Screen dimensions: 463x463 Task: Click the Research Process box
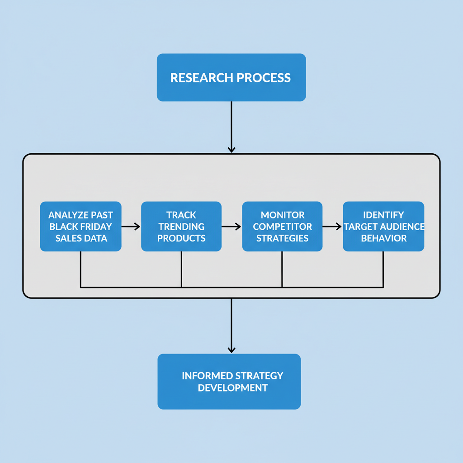pos(231,77)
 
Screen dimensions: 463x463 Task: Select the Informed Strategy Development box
pos(229,381)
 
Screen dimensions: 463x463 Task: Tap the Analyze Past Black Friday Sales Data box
pos(80,226)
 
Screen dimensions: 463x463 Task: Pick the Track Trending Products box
pos(181,226)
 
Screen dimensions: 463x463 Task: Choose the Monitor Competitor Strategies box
pos(282,226)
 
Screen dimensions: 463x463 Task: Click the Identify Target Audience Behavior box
pos(383,226)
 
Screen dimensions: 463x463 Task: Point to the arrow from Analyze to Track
pos(131,227)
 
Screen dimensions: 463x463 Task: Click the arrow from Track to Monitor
pos(231,227)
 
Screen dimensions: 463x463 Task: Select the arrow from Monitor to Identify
pos(332,227)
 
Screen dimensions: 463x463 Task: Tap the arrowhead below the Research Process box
pos(231,149)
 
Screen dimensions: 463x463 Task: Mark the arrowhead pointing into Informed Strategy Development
pos(231,349)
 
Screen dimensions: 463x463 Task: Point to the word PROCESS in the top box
pos(264,77)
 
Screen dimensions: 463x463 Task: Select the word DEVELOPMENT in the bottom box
pos(232,387)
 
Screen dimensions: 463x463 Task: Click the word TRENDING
pos(181,226)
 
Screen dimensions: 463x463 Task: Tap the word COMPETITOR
pos(282,226)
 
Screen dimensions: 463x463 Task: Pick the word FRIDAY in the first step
pos(96,226)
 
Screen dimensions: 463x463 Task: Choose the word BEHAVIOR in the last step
pos(383,238)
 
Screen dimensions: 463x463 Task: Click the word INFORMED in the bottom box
pos(206,376)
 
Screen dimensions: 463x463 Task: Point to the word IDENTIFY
pos(383,215)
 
